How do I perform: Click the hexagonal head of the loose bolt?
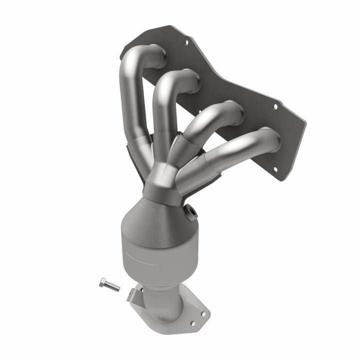[x=102, y=281]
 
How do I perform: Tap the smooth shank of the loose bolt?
[x=112, y=286]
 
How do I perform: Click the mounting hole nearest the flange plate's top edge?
[x=186, y=43]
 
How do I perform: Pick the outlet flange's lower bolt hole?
[x=202, y=314]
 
